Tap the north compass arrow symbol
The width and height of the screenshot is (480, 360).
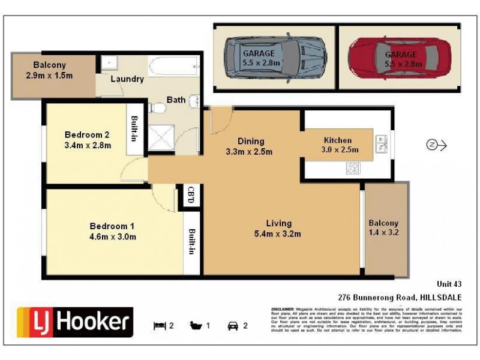(436, 145)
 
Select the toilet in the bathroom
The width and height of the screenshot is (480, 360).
(158, 109)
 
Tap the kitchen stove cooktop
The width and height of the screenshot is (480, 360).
(352, 169)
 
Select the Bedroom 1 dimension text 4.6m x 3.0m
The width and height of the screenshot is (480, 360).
(113, 236)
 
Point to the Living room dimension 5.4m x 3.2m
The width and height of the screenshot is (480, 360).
(277, 233)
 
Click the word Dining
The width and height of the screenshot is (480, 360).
(250, 142)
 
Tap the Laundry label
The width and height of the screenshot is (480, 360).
(127, 79)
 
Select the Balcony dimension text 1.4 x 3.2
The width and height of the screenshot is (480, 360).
(383, 233)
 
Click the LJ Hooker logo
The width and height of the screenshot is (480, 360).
(74, 322)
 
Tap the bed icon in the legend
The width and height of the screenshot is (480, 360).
(160, 326)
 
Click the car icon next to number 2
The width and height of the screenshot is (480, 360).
(232, 326)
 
